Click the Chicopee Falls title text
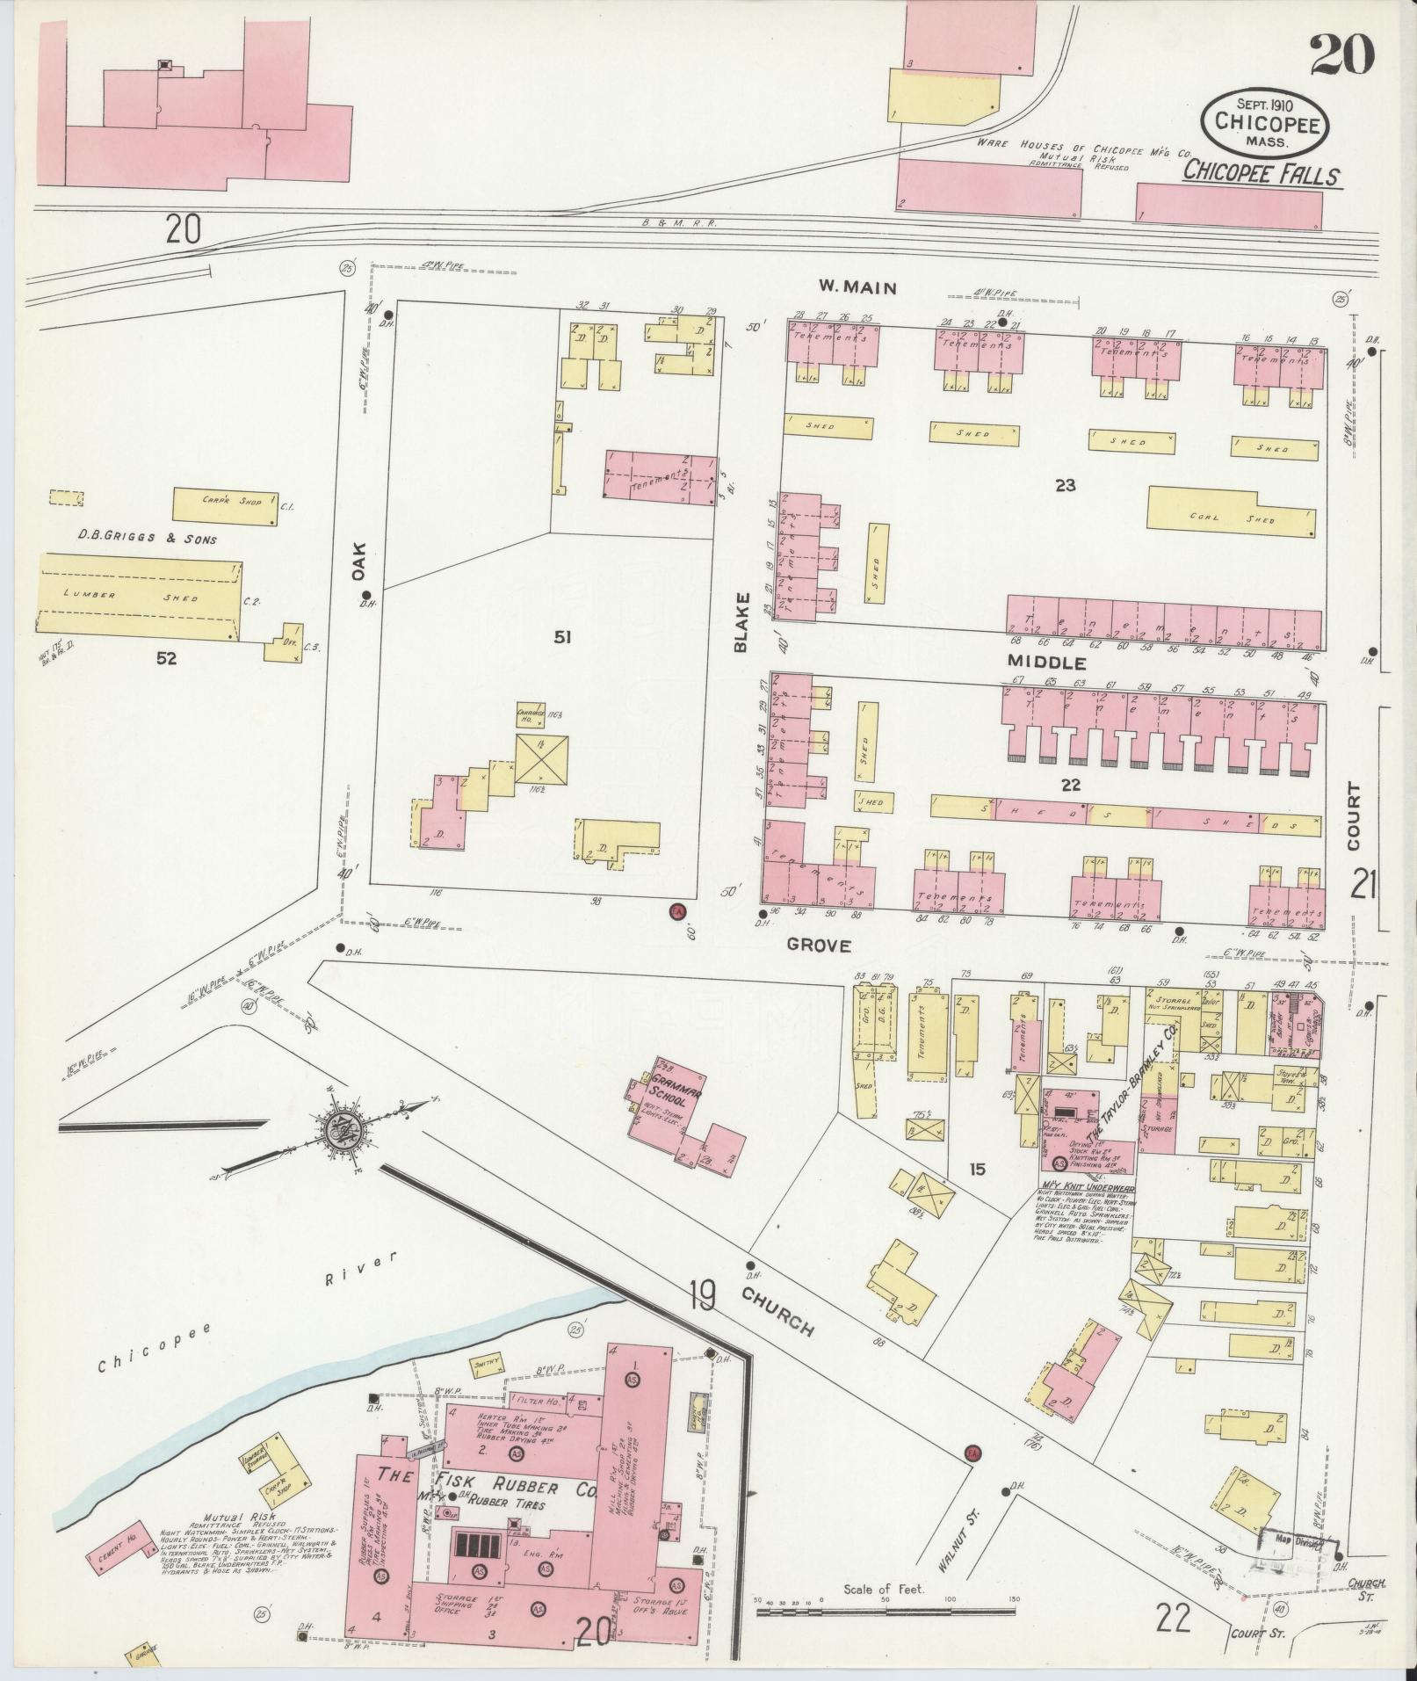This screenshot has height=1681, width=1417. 1261,173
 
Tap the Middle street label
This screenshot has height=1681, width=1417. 1045,662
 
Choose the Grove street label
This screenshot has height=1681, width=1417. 818,946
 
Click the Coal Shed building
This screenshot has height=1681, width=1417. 1232,518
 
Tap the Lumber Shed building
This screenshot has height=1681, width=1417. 141,595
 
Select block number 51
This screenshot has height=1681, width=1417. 560,637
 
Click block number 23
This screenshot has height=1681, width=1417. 1065,485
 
